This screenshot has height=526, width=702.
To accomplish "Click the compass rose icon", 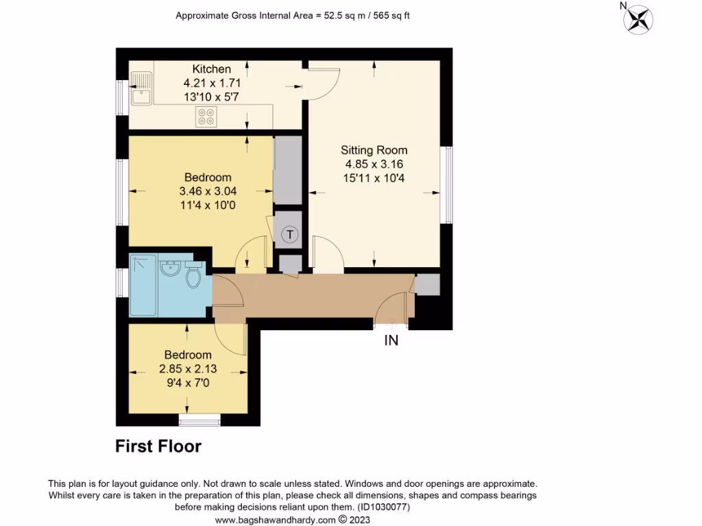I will [x=638, y=18].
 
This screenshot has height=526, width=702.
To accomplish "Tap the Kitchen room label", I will [x=211, y=69].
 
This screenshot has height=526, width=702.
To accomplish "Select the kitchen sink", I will [x=143, y=89].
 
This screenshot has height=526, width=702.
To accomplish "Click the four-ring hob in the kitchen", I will [x=207, y=116].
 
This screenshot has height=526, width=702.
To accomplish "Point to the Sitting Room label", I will [x=374, y=150].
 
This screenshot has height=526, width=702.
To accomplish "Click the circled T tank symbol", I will [x=291, y=235].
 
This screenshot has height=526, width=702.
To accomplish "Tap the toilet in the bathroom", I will [x=193, y=276].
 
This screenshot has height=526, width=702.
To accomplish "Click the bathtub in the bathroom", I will [x=144, y=286].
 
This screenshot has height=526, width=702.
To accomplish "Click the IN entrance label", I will [x=391, y=340].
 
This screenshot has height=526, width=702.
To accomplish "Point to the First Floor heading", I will [x=158, y=447].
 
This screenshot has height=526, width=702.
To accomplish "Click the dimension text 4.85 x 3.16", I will [x=374, y=164].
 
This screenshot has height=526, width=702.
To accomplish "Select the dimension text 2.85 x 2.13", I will [x=187, y=368].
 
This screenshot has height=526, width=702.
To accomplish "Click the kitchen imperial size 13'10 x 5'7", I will [x=211, y=97].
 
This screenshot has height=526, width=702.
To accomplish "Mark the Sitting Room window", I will [x=448, y=184].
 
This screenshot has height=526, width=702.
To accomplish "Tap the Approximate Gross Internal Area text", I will [x=293, y=15].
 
